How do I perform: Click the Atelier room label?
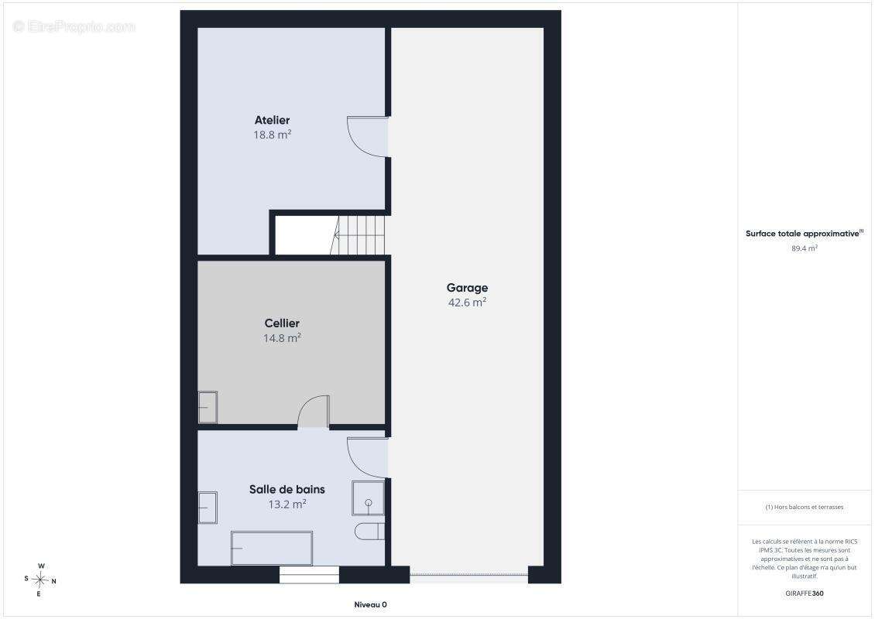click(273, 120)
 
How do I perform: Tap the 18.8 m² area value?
click(273, 135)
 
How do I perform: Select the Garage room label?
click(467, 288)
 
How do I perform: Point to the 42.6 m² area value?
click(467, 303)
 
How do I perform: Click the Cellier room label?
click(282, 323)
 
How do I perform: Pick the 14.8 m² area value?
click(282, 338)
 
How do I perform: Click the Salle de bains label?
click(287, 490)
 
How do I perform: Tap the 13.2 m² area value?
click(287, 504)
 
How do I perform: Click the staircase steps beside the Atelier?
click(359, 235)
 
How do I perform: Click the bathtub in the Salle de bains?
click(272, 548)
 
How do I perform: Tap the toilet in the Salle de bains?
click(369, 532)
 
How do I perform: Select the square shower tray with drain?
click(369, 498)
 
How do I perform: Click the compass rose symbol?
click(40, 580)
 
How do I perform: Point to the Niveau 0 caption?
click(371, 604)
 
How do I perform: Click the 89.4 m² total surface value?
click(804, 248)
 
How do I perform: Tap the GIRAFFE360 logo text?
click(804, 593)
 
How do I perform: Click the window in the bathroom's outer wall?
click(309, 575)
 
